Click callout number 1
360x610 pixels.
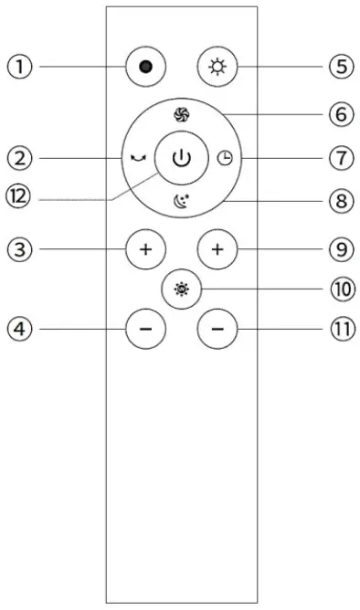[21, 67]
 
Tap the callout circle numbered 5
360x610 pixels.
[339, 67]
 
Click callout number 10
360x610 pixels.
[339, 289]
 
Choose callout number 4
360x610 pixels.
[21, 327]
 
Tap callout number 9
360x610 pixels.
[339, 247]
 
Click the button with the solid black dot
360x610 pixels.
[145, 68]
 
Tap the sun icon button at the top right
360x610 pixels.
[216, 68]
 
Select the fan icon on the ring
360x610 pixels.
[181, 114]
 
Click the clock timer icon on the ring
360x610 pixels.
[226, 158]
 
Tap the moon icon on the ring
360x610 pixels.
[181, 203]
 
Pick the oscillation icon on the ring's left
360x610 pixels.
[137, 158]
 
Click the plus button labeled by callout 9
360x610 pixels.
[216, 248]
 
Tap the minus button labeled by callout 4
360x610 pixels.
[145, 327]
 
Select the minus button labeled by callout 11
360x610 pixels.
[216, 327]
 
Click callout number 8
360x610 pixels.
[339, 200]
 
